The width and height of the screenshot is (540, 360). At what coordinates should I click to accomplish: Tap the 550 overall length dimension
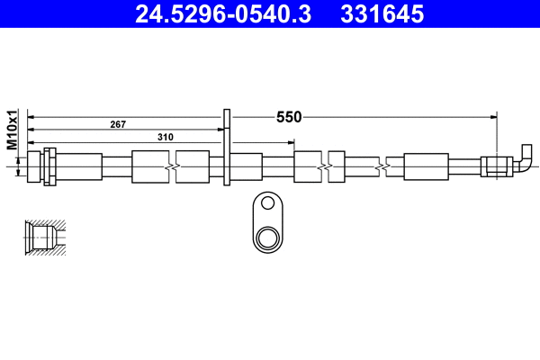pyautogui.click(x=289, y=117)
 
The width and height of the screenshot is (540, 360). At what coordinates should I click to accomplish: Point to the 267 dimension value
pyautogui.click(x=118, y=124)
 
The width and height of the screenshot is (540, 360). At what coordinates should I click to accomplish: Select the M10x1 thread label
pyautogui.click(x=13, y=130)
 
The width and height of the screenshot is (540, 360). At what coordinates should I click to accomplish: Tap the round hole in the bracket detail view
pyautogui.click(x=266, y=238)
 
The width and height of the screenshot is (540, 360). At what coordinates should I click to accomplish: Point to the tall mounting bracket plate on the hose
pyautogui.click(x=227, y=148)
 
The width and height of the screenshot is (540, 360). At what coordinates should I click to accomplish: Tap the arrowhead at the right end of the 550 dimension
pyautogui.click(x=494, y=117)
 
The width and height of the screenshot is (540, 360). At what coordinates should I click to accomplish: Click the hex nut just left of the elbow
pyautogui.click(x=496, y=166)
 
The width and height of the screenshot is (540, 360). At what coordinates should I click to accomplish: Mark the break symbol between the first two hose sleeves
pyautogui.click(x=172, y=167)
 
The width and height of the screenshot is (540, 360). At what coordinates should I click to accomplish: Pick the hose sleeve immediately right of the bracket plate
pyautogui.click(x=247, y=167)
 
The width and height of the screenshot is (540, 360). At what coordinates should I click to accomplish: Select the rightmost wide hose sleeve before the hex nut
pyautogui.click(x=426, y=167)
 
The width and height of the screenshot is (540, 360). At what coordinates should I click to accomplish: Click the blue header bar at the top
pyautogui.click(x=270, y=14)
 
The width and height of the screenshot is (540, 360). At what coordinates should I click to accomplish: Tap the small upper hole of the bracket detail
pyautogui.click(x=266, y=204)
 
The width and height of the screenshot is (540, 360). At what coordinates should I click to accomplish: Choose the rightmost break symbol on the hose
pyautogui.click(x=387, y=167)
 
